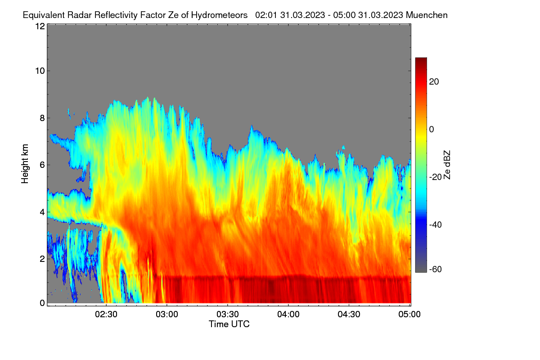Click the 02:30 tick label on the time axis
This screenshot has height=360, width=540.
click(106, 315)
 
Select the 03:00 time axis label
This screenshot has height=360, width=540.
click(167, 315)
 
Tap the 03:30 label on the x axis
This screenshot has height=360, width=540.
click(228, 315)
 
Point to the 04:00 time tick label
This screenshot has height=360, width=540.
click(288, 315)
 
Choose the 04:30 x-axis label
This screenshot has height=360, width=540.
click(349, 315)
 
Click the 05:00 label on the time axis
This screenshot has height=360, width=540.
click(409, 315)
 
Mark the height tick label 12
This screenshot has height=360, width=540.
click(40, 26)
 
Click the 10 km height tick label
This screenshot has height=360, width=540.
click(40, 71)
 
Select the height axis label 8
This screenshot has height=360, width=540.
click(42, 118)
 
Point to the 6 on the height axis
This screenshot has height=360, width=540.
click(42, 165)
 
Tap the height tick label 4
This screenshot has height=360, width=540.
click(42, 212)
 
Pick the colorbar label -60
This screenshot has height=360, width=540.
click(436, 270)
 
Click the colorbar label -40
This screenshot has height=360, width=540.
click(436, 225)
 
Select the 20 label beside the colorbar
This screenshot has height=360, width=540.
click(434, 82)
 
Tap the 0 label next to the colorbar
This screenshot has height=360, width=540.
click(432, 130)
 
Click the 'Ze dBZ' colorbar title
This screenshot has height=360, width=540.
click(447, 165)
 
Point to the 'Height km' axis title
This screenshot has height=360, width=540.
click(25, 164)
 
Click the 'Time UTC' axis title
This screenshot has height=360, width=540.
click(229, 324)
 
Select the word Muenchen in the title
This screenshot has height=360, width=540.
click(427, 15)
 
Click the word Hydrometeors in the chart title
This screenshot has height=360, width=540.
click(220, 15)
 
